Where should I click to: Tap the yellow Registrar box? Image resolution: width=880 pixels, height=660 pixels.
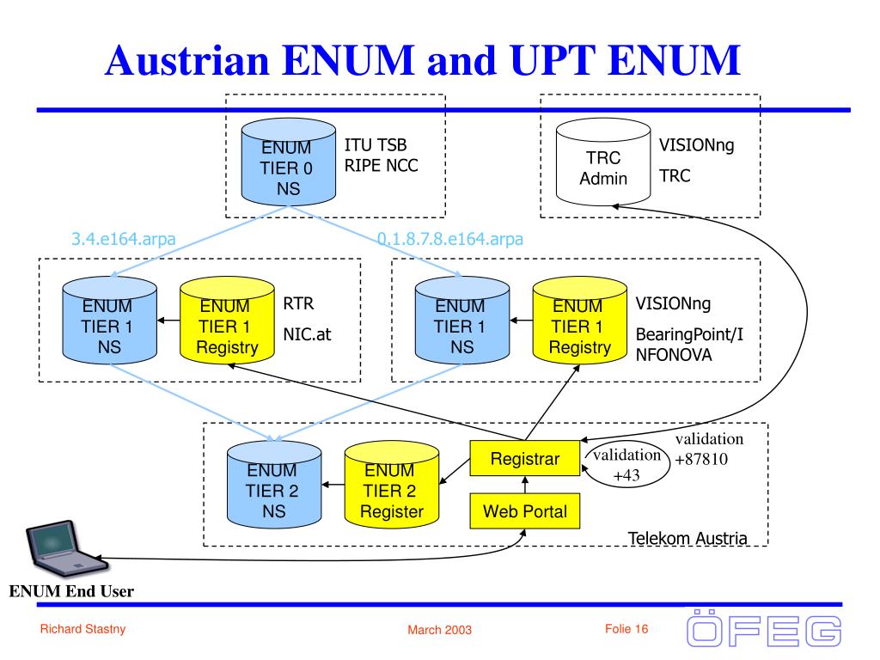524,460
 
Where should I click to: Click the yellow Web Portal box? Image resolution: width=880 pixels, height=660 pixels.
524,511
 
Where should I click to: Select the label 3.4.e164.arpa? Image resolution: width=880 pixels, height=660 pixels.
124,239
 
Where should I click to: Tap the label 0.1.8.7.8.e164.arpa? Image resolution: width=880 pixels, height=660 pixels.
450,239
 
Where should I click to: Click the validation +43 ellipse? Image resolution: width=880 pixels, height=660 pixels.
626,465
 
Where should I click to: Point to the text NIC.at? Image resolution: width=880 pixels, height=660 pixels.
307,336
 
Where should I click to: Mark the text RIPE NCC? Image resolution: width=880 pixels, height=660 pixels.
382,165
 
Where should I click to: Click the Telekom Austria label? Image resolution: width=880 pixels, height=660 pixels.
687,539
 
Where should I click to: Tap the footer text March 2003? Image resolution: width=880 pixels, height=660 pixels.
439,631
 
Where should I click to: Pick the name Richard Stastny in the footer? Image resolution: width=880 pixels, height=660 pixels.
82,630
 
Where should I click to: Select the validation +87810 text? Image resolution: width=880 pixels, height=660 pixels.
708,449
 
